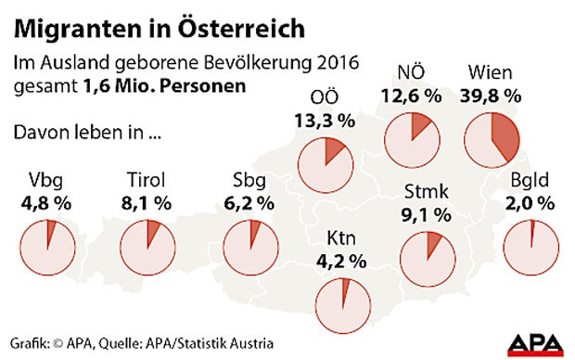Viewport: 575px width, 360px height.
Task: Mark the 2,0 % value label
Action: coord(532,201)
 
